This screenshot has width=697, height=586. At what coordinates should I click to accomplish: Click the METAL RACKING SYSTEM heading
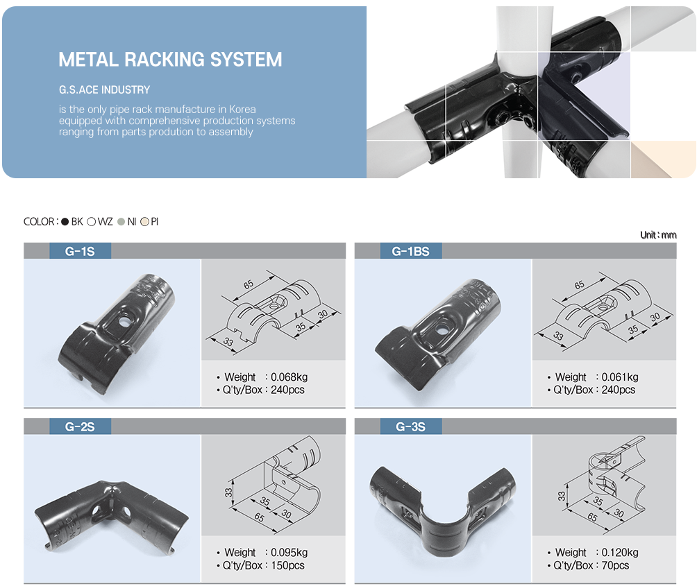[170, 60]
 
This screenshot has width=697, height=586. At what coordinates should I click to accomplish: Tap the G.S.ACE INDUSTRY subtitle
[104, 89]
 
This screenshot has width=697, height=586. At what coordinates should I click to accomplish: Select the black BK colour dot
[65, 222]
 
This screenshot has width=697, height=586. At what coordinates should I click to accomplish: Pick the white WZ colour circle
[92, 222]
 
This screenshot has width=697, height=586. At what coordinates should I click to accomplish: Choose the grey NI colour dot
[121, 222]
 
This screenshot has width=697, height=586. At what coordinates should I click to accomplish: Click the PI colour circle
[144, 222]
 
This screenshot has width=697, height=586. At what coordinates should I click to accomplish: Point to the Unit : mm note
[657, 235]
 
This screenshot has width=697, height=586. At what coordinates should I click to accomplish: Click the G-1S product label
[80, 251]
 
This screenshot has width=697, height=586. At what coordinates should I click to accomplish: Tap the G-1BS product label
[410, 251]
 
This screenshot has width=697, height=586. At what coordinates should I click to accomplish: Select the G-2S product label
[80, 426]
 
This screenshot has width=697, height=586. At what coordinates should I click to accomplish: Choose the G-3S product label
[410, 426]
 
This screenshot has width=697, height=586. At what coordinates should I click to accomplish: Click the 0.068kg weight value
[289, 377]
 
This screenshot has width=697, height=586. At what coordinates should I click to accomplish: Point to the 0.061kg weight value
[620, 377]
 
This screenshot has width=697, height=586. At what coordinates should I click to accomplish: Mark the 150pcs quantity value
[287, 565]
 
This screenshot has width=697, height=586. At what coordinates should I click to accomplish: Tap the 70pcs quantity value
[616, 565]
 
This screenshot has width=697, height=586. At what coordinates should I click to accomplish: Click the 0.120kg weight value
[620, 553]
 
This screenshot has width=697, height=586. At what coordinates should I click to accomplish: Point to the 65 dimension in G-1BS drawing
[579, 285]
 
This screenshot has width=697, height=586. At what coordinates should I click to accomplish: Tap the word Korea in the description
[242, 110]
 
